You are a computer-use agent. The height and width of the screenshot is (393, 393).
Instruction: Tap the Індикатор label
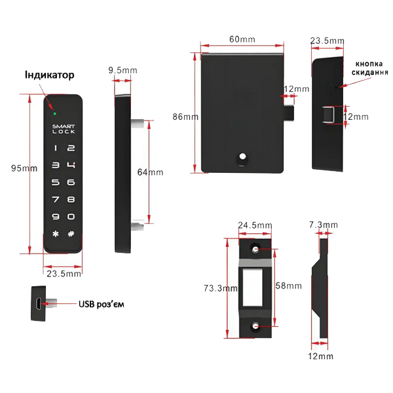click(50, 75)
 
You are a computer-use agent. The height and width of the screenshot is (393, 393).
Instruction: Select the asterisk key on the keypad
click(56, 234)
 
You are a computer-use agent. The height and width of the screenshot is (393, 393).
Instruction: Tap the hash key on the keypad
click(71, 234)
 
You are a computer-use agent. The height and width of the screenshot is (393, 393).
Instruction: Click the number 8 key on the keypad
click(71, 200)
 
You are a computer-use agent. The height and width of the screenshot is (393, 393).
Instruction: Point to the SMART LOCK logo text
click(64, 128)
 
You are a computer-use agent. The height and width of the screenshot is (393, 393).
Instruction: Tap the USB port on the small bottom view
click(40, 303)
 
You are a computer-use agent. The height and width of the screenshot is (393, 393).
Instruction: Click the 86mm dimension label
click(185, 117)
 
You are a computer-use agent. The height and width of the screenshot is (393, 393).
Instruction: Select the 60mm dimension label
click(242, 39)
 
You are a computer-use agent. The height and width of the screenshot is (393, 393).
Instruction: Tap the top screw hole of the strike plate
click(256, 250)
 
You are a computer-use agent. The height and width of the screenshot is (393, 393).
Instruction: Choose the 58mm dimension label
click(289, 286)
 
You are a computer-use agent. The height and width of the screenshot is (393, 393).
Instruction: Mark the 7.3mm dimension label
click(323, 225)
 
